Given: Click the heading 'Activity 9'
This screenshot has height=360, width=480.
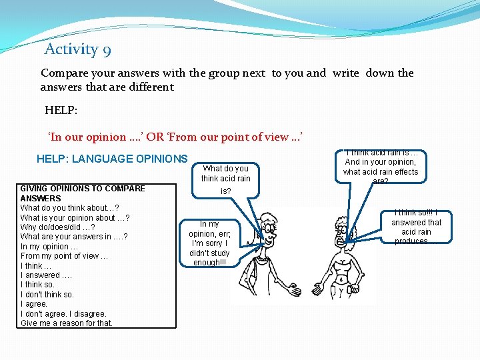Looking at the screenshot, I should click(x=77, y=49).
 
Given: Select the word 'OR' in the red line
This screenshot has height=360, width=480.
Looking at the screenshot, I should click(x=155, y=137).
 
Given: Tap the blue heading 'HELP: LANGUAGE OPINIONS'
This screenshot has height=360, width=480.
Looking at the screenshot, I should click(x=112, y=159).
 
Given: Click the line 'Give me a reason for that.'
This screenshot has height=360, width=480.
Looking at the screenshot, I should click(x=67, y=323).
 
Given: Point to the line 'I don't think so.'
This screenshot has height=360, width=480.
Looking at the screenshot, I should click(x=47, y=294).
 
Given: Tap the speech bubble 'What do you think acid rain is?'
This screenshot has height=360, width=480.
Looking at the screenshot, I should click(x=226, y=178).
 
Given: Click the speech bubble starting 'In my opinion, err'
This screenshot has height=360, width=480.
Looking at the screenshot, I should click(x=209, y=243).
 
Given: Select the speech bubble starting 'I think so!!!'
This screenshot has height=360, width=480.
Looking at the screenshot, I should click(x=416, y=227).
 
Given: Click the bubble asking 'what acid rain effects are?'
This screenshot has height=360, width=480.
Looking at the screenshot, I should click(x=381, y=167).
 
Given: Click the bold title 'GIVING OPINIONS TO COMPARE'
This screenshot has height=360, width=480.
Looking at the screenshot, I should click(x=83, y=189).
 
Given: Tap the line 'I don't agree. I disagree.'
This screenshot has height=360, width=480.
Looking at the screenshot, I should click(x=63, y=313).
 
